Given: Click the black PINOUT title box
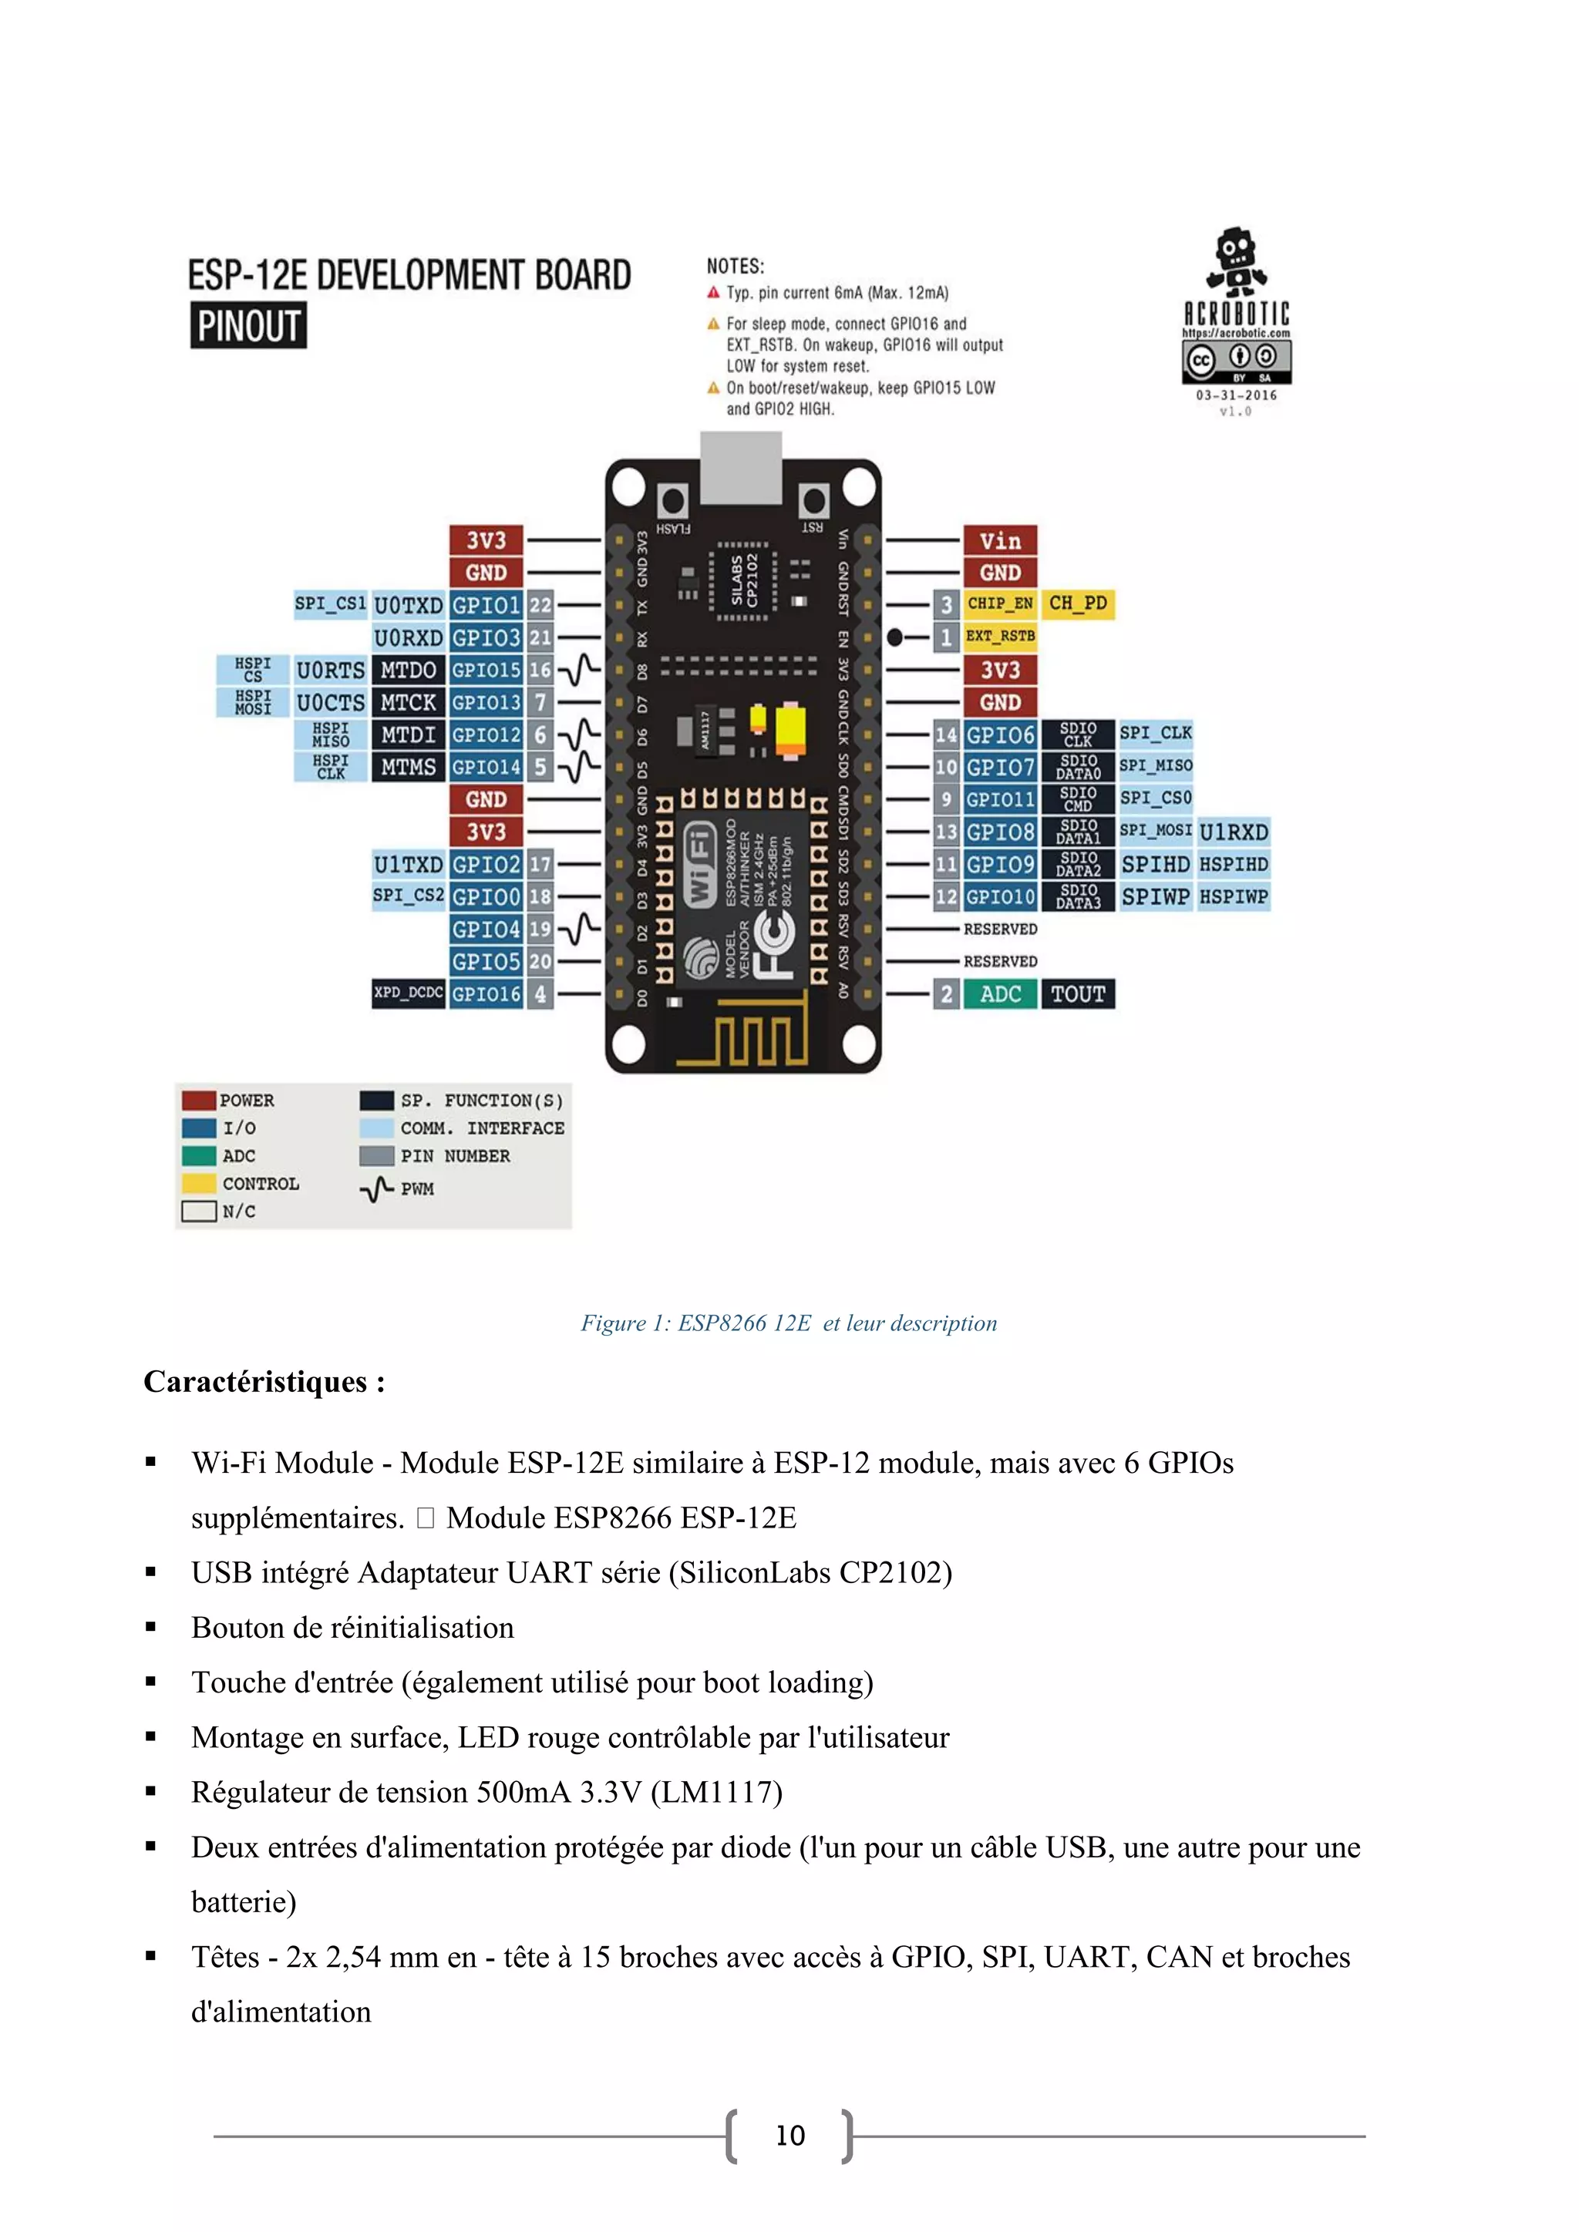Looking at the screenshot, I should coord(248,326).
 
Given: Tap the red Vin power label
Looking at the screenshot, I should coord(999,540).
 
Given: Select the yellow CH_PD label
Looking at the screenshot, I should coord(1077,603).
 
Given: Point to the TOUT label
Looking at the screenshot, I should coord(1077,993).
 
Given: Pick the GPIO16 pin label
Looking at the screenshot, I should coord(486,993).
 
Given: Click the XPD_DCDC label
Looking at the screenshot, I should coord(409,993).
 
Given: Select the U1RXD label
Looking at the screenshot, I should coord(1233,832).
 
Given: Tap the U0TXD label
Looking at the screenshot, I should coord(409,606).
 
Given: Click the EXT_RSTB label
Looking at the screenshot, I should coord(999,637).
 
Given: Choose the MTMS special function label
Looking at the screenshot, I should coord(409,767).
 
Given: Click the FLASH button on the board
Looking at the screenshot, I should coord(672,503).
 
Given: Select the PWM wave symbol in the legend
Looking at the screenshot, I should coord(376,1189).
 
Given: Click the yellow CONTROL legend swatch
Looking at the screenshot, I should coord(198,1183).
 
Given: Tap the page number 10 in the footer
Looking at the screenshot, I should coord(789,2136).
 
